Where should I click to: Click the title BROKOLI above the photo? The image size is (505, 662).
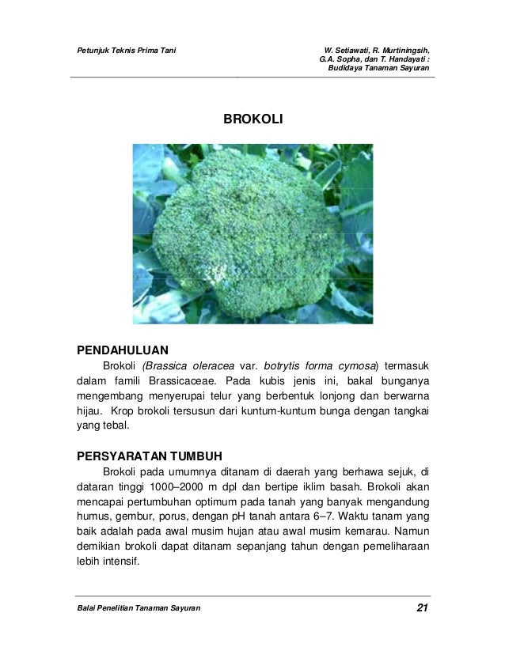point(252,120)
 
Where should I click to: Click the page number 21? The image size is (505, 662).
point(422,607)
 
